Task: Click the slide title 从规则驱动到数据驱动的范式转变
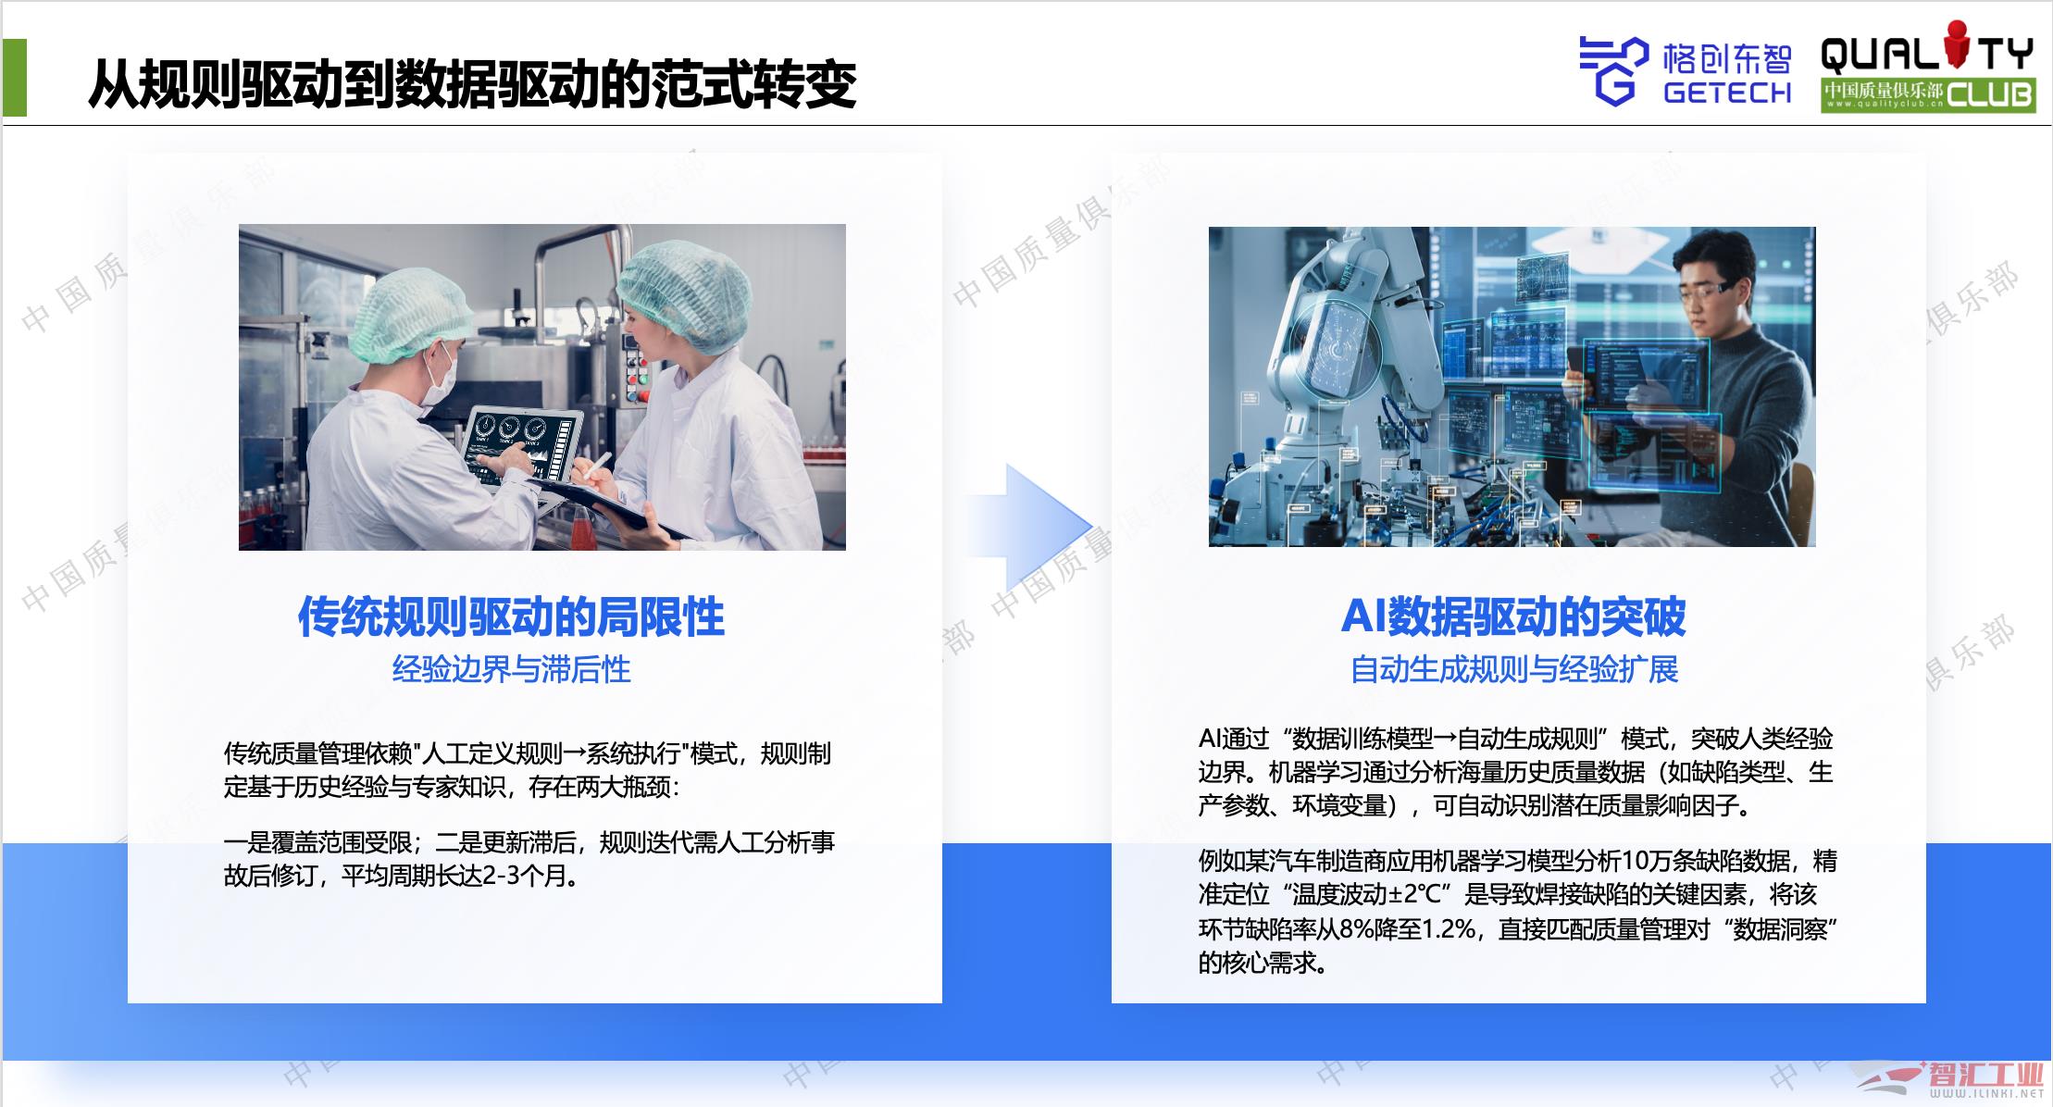pos(472,85)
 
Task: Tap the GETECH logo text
pos(1727,93)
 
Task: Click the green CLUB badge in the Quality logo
pos(1990,94)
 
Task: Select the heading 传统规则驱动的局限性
pos(511,616)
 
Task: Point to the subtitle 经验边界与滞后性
pos(511,669)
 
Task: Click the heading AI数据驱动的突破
pos(1513,616)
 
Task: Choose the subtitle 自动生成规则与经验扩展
pos(1513,669)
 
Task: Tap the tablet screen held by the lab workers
pos(523,441)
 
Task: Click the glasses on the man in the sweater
pos(1698,292)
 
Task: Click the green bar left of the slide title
pos(15,78)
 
